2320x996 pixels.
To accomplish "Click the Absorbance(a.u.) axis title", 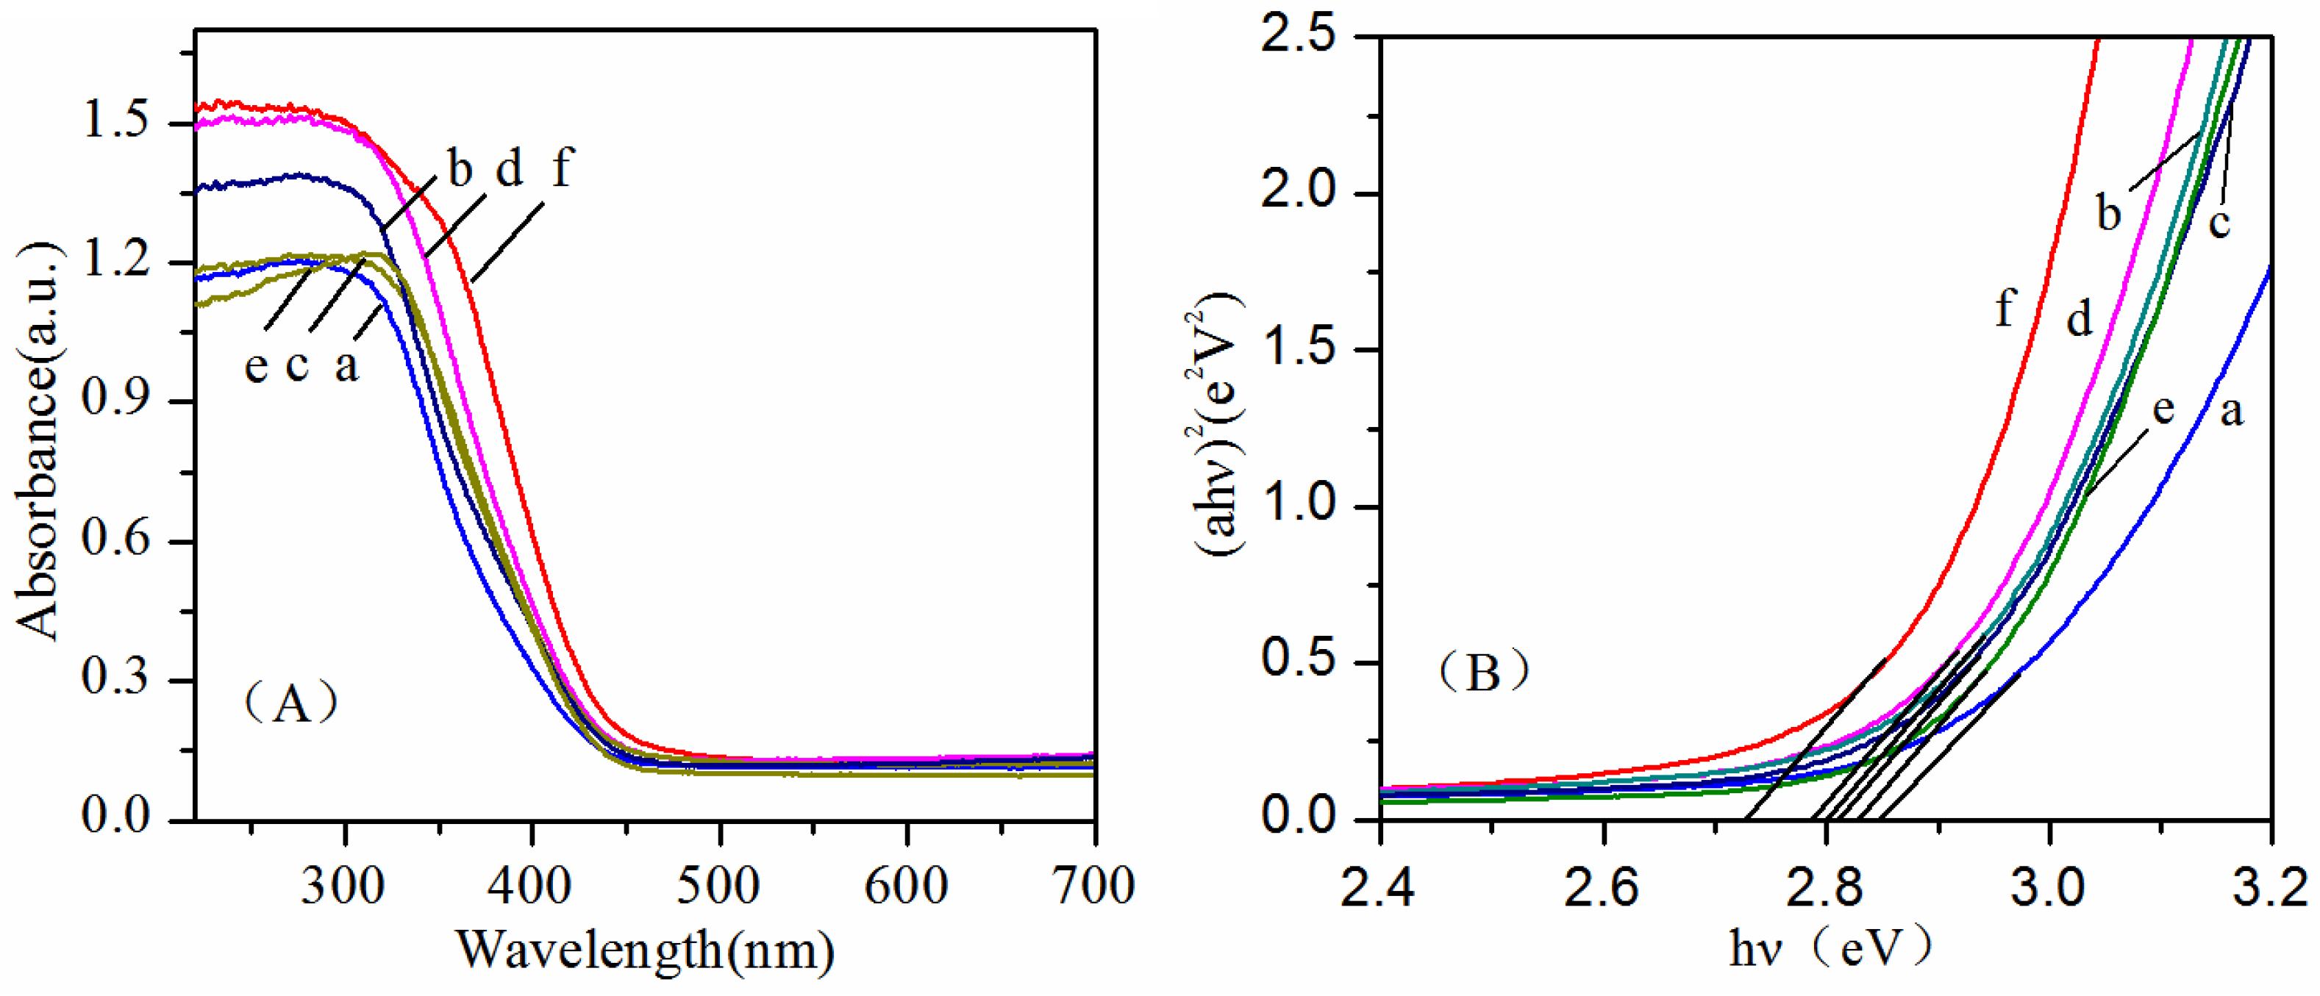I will pos(38,441).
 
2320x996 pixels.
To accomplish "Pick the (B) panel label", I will pos(1482,672).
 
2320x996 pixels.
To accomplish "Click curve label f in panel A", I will pos(561,168).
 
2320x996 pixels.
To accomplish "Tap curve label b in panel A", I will pos(460,168).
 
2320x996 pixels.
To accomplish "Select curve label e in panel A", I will pos(257,365).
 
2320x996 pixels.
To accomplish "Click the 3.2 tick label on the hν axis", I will pos(2269,886).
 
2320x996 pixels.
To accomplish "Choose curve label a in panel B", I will pos(2231,411).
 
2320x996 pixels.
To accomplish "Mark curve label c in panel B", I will pos(2220,221).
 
